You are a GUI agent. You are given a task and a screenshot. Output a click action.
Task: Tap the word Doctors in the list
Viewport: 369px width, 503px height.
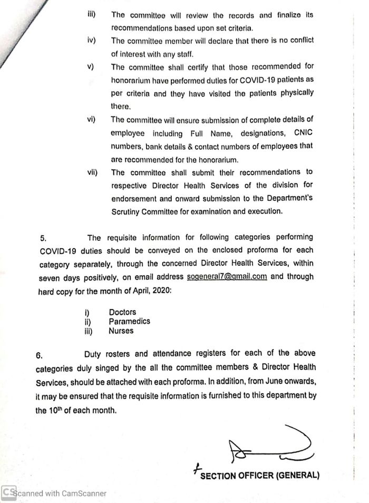pos(122,312)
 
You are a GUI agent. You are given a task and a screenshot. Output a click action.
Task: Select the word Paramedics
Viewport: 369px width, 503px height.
pos(129,322)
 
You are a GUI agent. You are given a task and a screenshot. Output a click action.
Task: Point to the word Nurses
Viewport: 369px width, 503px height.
pos(121,331)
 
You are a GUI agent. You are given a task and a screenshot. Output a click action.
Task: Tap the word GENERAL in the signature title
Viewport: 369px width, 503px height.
pos(297,475)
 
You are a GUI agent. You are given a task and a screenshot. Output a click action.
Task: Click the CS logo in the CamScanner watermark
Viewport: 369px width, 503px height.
pos(8,493)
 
